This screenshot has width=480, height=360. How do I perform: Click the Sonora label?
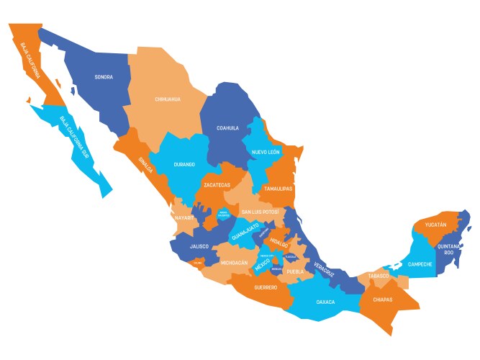click(x=104, y=77)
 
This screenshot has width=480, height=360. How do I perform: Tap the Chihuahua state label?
click(x=168, y=99)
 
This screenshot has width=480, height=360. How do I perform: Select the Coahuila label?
click(x=227, y=128)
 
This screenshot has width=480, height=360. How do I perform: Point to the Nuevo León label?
click(x=266, y=153)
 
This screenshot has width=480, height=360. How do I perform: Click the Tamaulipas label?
click(x=278, y=189)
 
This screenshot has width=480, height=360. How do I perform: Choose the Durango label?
click(x=184, y=164)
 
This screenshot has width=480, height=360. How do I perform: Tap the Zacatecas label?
click(x=219, y=185)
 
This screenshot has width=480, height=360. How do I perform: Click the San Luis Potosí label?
click(x=260, y=212)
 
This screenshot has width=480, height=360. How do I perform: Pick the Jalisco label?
click(x=199, y=246)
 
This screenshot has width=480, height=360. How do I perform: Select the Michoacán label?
click(x=235, y=264)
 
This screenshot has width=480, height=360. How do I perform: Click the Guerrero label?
click(x=266, y=288)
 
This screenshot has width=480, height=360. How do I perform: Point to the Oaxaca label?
click(x=325, y=302)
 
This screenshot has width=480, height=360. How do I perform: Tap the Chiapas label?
click(x=384, y=298)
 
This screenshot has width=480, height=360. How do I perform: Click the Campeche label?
click(x=420, y=264)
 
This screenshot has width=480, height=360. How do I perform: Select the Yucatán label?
click(x=435, y=225)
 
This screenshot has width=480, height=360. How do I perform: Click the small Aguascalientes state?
click(x=224, y=214)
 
